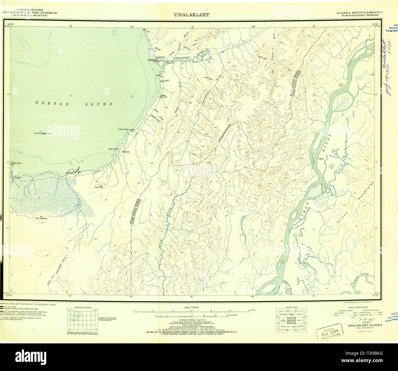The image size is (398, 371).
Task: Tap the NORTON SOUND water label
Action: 74,104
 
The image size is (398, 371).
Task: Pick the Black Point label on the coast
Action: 113,149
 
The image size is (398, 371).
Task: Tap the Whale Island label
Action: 17,163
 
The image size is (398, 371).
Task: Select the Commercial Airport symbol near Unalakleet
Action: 157,57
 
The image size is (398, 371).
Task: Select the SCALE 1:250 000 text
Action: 192,307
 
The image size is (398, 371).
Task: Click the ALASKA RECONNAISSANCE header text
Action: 359,12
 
